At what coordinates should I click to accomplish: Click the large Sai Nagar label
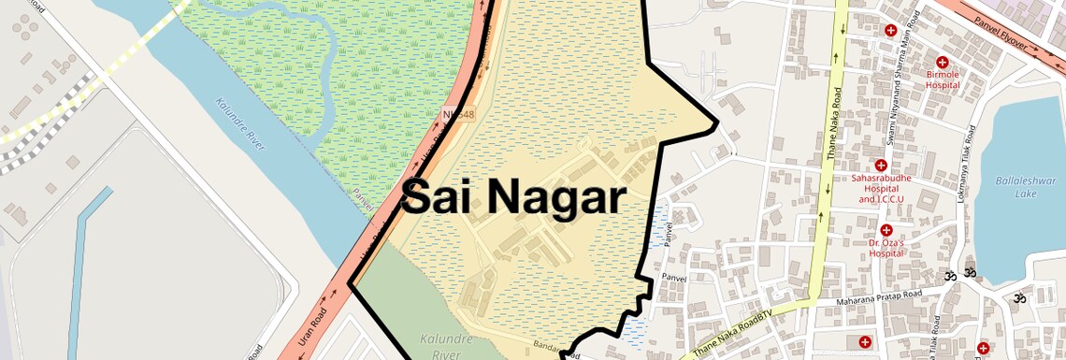coord(513,198)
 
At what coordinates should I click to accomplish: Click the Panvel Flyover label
coord(1000,34)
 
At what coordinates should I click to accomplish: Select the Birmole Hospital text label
coord(943,79)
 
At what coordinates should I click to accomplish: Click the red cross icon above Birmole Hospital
coord(942,62)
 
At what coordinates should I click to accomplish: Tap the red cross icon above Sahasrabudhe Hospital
coord(880,166)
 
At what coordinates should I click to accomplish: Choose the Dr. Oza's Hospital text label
coord(885,247)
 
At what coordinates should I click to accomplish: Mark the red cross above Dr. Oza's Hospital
coord(885,230)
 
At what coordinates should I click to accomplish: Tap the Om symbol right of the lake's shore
coord(1018,298)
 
